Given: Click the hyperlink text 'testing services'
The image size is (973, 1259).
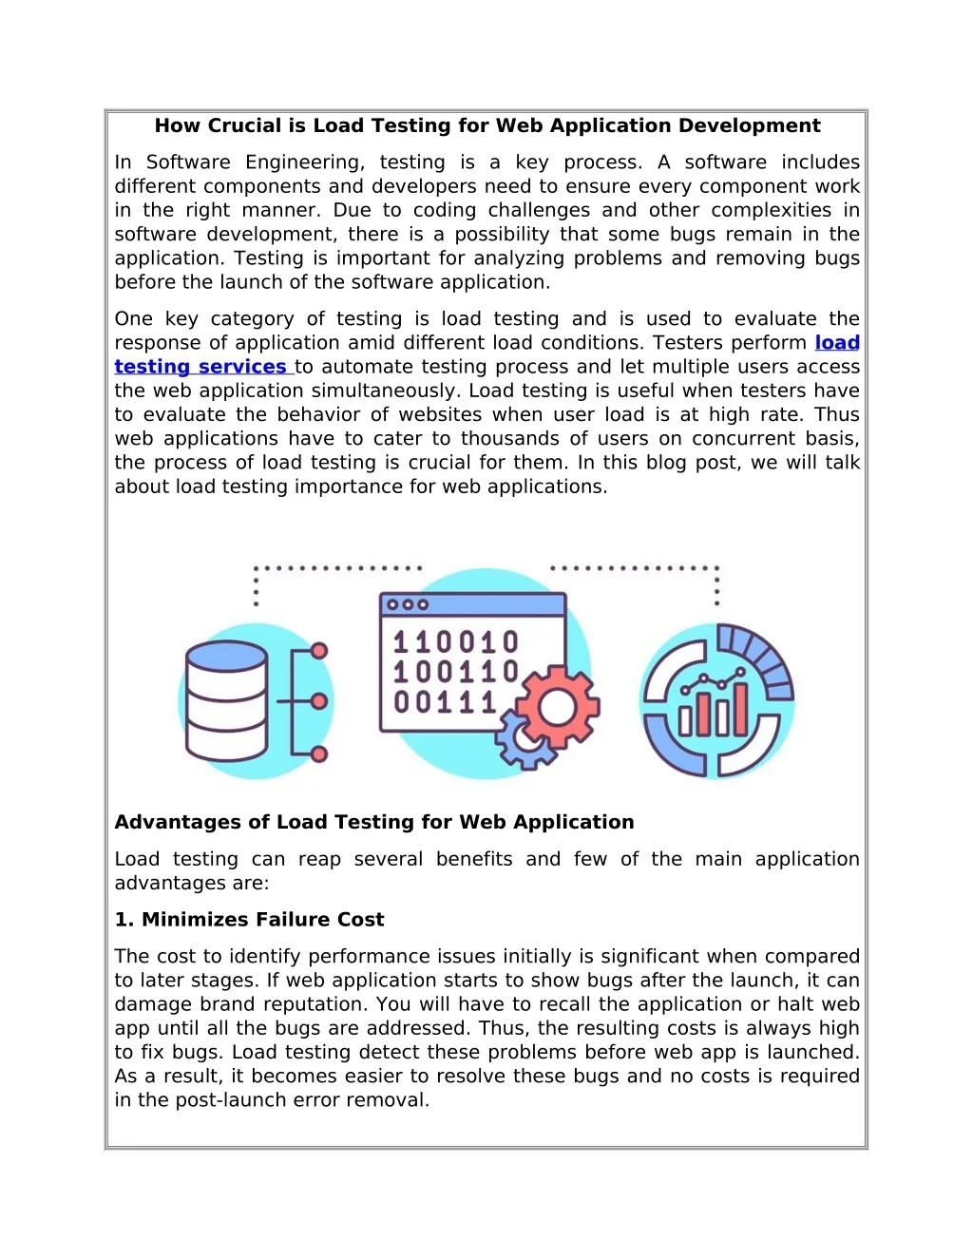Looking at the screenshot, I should (x=200, y=367).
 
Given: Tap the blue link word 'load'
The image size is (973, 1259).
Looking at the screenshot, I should (x=837, y=343).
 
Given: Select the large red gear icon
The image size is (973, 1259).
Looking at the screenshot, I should (x=558, y=707).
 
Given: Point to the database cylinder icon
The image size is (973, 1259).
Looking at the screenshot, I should (x=226, y=700).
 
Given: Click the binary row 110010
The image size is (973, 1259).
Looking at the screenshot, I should (x=456, y=643).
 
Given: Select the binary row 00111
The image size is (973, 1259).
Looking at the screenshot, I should (x=446, y=702).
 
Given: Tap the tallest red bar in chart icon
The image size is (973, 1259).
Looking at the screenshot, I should (x=739, y=710).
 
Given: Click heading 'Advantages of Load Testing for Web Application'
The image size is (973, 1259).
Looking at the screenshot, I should (x=373, y=822).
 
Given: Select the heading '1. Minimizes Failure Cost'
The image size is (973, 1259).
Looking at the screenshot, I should (x=249, y=919).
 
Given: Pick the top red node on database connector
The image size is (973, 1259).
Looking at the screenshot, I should (x=319, y=651).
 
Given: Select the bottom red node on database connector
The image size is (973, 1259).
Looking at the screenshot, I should (x=319, y=753).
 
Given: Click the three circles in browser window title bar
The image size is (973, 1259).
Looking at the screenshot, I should (x=408, y=604).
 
